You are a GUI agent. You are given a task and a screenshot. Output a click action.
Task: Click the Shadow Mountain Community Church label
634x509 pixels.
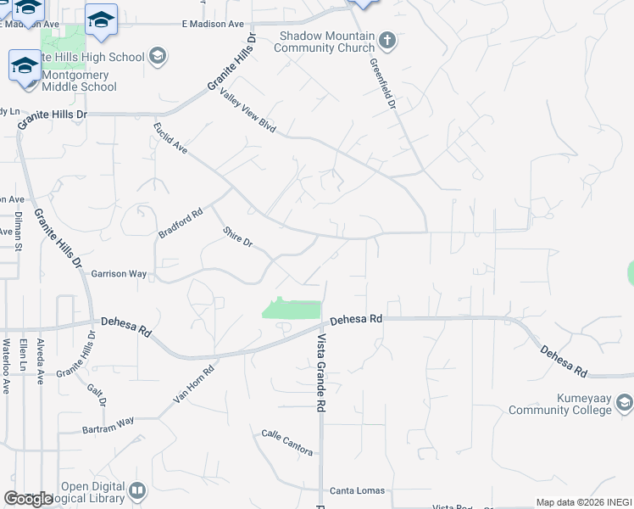click(326, 42)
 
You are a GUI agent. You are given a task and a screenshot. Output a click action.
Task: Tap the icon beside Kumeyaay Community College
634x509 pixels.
click(625, 400)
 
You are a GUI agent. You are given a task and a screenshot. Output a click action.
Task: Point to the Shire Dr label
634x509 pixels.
click(238, 237)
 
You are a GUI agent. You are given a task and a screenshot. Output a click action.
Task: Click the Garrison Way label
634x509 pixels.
click(119, 274)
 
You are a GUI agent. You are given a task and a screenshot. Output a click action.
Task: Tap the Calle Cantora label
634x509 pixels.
click(286, 443)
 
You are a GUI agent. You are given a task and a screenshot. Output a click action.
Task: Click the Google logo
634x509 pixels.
click(28, 499)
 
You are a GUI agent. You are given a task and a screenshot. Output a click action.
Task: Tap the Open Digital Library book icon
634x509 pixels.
click(137, 490)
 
